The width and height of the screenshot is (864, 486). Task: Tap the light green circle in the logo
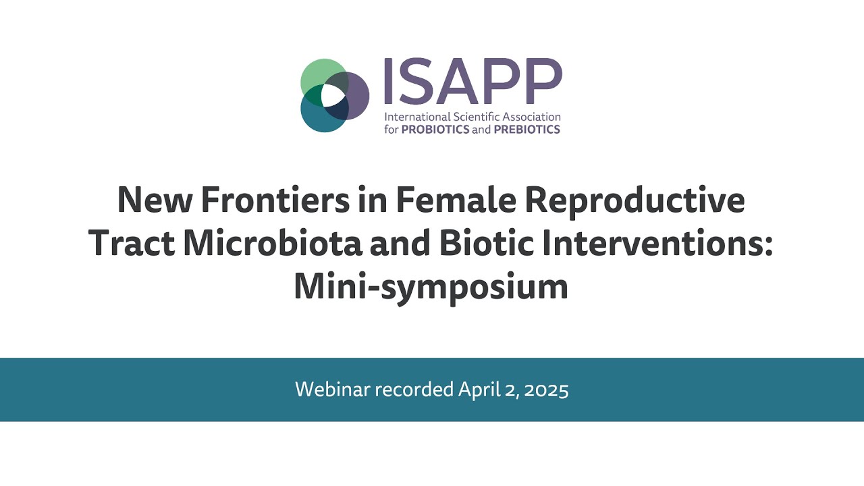pyautogui.click(x=316, y=74)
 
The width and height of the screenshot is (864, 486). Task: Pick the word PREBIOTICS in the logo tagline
pyautogui.click(x=527, y=130)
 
